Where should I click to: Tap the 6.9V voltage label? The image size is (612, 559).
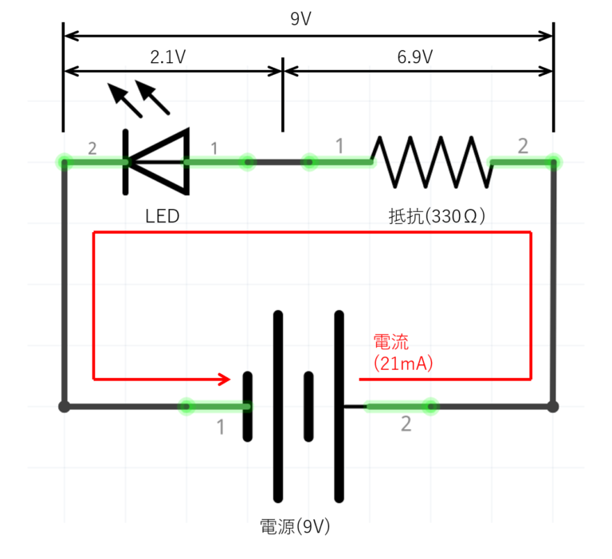[x=414, y=57]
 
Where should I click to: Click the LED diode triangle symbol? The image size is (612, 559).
[x=159, y=162]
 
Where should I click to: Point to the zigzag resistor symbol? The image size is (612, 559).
[x=430, y=161]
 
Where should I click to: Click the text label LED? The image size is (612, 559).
[x=163, y=216]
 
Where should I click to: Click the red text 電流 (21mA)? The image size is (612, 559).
[x=403, y=352]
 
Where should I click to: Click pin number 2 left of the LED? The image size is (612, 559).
[x=92, y=148]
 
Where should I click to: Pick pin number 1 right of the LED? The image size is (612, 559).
[x=213, y=148]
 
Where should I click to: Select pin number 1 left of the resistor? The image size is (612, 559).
[x=339, y=147]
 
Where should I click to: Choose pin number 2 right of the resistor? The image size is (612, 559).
[x=523, y=146]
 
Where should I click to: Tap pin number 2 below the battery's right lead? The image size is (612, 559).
[x=406, y=425]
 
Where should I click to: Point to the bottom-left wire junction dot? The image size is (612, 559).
[x=65, y=407]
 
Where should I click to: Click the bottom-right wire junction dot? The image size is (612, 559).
[x=553, y=407]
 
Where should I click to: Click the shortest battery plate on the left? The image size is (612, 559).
[x=248, y=407]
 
